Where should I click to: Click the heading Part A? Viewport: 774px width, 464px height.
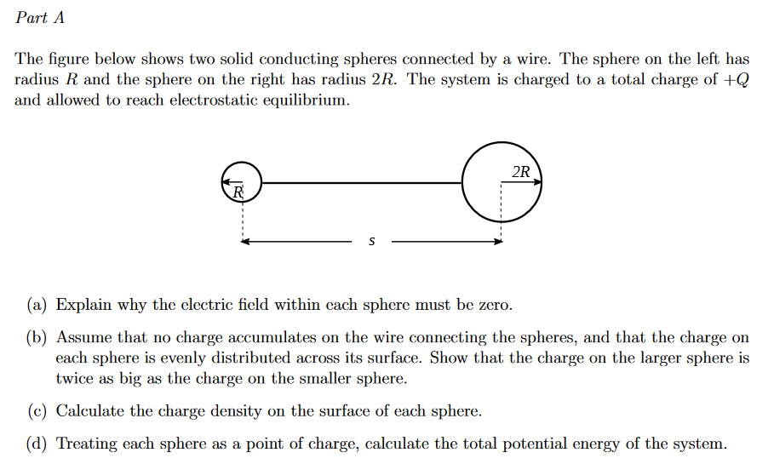[40, 18]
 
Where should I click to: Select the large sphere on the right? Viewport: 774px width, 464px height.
[502, 182]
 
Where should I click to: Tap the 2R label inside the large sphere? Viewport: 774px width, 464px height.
[521, 172]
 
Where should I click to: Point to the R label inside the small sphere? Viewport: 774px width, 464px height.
[238, 192]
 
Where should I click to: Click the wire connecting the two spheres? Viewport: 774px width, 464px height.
[362, 182]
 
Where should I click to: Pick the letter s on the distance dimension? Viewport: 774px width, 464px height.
[371, 242]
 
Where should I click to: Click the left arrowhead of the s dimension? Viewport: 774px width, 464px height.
[245, 242]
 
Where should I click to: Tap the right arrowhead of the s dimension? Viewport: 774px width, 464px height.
[498, 242]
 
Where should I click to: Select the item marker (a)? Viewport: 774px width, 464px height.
[37, 305]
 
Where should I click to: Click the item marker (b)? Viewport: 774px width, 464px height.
[37, 338]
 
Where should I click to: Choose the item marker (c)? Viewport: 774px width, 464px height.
[37, 411]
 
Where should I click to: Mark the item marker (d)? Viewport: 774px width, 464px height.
[37, 444]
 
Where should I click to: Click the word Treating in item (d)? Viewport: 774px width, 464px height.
[87, 444]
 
